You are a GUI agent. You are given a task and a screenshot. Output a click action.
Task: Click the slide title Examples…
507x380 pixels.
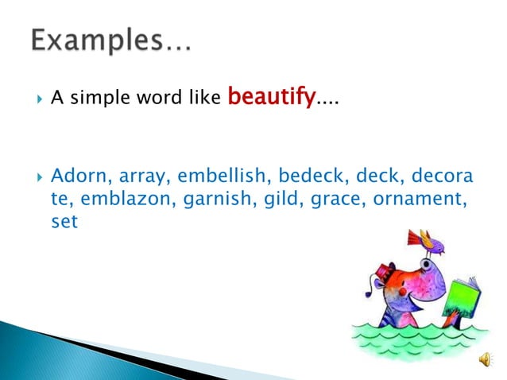(x=111, y=41)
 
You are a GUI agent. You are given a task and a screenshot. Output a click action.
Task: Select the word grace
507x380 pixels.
(x=322, y=199)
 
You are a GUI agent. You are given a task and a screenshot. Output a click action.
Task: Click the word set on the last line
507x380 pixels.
(x=64, y=222)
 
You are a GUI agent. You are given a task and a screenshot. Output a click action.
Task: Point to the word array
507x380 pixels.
(x=141, y=175)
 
